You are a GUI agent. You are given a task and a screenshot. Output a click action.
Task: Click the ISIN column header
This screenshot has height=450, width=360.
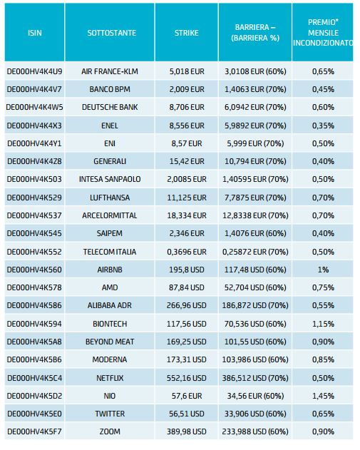click(35, 33)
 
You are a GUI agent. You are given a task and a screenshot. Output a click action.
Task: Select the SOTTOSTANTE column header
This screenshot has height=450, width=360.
click(112, 33)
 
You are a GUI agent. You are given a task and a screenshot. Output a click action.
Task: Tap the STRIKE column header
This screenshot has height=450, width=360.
click(187, 33)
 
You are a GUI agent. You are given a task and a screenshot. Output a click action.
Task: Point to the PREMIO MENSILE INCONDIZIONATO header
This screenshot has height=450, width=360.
click(323, 32)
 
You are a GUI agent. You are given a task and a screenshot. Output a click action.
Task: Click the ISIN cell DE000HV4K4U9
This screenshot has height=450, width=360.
click(34, 71)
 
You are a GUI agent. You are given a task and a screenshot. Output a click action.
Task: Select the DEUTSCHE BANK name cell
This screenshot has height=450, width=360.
click(110, 107)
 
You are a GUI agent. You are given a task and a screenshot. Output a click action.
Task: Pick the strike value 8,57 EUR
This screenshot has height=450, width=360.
click(187, 143)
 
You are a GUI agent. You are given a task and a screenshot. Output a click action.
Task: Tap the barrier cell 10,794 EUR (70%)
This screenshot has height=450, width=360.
click(255, 161)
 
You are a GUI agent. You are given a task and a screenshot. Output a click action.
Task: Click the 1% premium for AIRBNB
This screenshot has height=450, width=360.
click(323, 270)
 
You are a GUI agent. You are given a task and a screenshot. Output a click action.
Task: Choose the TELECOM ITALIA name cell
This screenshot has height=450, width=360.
click(110, 252)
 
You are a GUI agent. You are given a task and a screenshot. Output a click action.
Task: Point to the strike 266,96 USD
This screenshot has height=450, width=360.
click(187, 305)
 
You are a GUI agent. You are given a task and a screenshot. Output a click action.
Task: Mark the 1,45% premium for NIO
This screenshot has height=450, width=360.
click(323, 396)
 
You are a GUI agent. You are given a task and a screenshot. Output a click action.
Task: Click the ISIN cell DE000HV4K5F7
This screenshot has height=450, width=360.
click(34, 431)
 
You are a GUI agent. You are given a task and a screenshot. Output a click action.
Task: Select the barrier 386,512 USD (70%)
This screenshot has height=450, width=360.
click(255, 378)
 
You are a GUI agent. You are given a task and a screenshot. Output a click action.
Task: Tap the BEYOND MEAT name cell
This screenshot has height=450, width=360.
click(110, 342)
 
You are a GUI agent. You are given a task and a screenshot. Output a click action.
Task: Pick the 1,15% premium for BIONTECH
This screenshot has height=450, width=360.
click(323, 324)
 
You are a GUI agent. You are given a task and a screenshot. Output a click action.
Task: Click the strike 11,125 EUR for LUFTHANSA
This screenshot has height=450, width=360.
click(187, 198)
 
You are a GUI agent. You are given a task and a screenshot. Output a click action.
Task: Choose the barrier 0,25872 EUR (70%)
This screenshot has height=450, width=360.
click(255, 252)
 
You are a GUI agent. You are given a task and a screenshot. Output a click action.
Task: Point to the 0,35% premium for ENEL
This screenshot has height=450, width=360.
click(323, 126)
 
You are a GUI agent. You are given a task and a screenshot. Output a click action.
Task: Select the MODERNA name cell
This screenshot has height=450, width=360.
click(110, 359)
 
